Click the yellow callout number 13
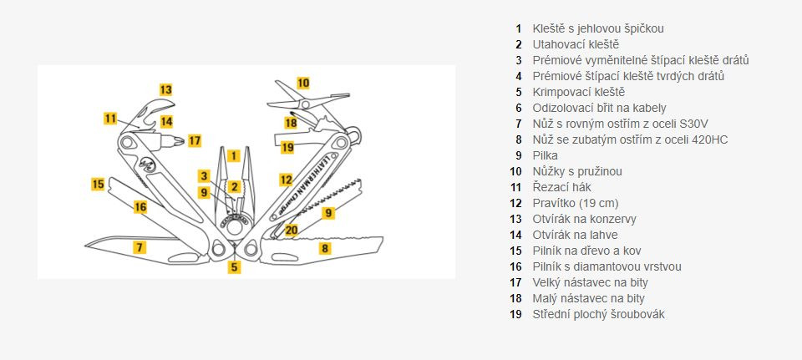(165, 89)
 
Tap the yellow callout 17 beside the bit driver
(194, 140)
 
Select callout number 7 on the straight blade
(140, 246)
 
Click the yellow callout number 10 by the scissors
(302, 83)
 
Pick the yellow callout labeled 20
(291, 230)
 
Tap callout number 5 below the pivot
(235, 268)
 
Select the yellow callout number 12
(286, 180)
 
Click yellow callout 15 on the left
(98, 184)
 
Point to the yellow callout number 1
(234, 155)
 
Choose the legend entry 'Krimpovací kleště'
(578, 92)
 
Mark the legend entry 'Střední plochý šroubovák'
(599, 314)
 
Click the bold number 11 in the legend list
(518, 187)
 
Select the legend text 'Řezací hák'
(561, 187)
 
